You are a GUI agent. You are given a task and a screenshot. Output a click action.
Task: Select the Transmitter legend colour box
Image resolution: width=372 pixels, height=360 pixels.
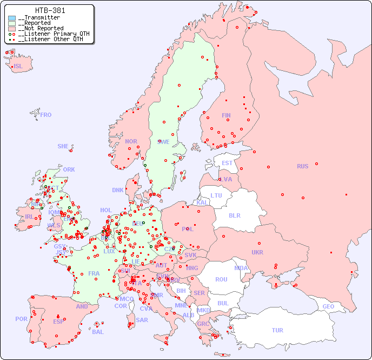[12, 18]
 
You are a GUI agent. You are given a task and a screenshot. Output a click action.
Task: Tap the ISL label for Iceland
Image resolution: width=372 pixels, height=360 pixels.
[18, 67]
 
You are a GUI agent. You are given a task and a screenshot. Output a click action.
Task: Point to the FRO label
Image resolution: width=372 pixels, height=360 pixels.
[46, 115]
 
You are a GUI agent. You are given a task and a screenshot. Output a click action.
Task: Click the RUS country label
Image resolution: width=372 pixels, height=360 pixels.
[302, 166]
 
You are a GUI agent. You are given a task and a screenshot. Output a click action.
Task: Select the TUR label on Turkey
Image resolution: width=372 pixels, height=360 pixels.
[277, 330]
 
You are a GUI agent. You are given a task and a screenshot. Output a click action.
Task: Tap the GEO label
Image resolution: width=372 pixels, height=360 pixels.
[328, 306]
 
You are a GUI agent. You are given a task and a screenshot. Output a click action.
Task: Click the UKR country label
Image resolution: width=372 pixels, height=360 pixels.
[257, 252]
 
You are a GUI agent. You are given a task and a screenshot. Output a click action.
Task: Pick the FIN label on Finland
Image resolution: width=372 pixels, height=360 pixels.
[226, 115]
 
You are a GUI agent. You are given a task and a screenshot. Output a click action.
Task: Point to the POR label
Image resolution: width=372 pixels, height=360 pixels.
[21, 319]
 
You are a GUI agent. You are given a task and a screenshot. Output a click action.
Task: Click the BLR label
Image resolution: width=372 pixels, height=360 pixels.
[234, 215]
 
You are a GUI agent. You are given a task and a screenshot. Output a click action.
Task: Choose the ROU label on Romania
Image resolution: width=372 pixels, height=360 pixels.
[221, 279]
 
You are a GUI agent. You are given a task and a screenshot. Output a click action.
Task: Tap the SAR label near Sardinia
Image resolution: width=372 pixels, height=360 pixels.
[142, 320]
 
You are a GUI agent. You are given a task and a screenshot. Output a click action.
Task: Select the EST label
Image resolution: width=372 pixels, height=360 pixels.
[227, 163]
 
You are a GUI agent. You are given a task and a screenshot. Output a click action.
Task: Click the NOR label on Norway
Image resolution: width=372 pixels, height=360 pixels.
[131, 141]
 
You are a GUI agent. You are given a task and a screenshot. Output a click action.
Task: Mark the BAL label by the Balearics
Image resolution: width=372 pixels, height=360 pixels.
[97, 332]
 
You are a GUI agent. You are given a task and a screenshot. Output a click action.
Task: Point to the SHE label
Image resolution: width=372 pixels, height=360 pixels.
[63, 146]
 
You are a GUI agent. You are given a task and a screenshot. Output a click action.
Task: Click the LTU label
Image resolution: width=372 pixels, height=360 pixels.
[216, 195]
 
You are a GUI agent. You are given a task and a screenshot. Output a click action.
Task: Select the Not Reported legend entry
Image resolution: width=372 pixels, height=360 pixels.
[41, 28]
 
